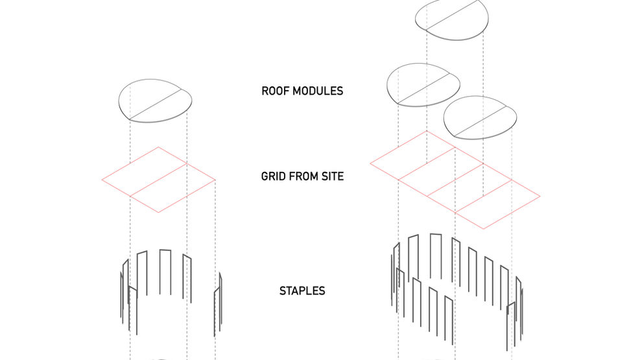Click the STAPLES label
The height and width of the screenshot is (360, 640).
[302, 291]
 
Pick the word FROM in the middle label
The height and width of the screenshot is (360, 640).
[303, 176]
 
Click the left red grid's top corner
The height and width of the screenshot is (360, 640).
[158, 147]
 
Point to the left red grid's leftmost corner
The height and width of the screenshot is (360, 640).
[102, 179]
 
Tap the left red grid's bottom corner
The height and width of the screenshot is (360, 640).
[159, 213]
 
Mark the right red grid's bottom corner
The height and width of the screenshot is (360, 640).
[484, 228]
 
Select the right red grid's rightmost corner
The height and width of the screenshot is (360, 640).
[539, 196]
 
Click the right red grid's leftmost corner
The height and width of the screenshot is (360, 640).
[370, 163]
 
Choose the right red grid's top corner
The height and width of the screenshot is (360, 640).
[427, 131]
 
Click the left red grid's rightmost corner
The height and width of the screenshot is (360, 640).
[215, 180]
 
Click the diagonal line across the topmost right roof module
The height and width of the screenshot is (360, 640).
[455, 16]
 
